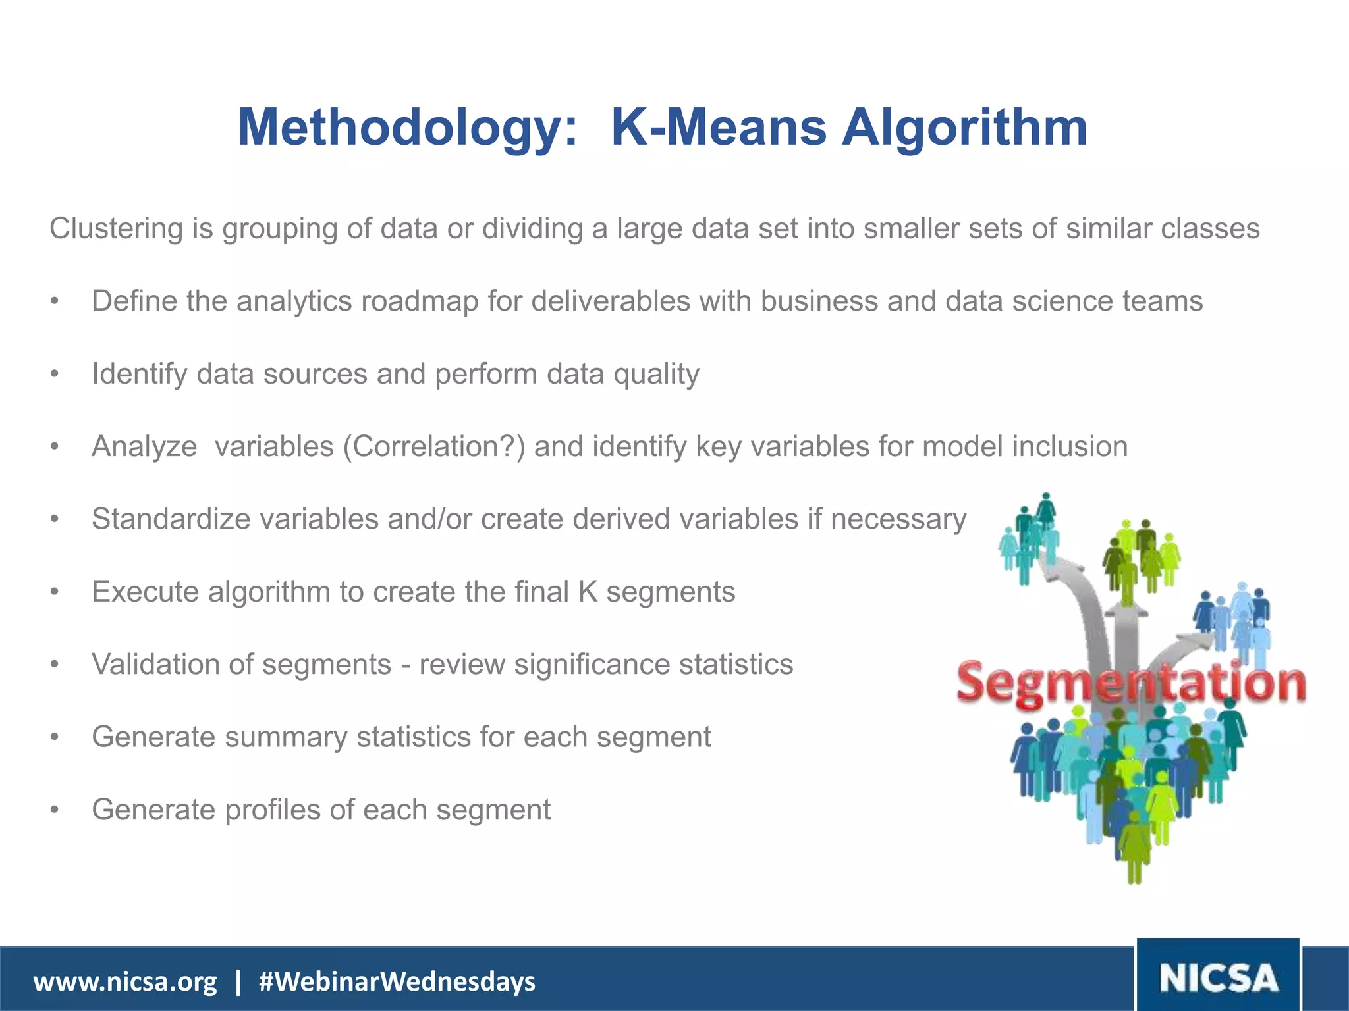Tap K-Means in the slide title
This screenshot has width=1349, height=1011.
pos(718,127)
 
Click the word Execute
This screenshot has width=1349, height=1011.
pos(145,592)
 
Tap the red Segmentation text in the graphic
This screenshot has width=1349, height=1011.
pos(1130,684)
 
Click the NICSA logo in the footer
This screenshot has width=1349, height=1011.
pos(1219,977)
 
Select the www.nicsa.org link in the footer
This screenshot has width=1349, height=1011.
pos(125,981)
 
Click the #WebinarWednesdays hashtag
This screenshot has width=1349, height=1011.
pos(397,981)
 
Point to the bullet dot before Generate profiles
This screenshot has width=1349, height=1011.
pos(55,810)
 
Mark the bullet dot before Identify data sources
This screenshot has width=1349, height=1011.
pos(55,374)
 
